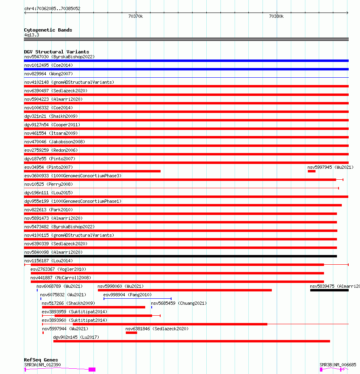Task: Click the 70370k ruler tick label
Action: (x=135, y=16)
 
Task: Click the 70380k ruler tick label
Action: (x=276, y=16)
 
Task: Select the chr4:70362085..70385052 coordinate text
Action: (x=52, y=8)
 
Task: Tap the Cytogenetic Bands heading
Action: (x=48, y=30)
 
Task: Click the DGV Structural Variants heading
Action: (x=56, y=52)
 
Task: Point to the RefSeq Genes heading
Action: (x=41, y=360)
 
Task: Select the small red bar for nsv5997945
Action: (x=311, y=171)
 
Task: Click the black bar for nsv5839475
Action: (x=329, y=290)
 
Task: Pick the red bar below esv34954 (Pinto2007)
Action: (x=92, y=171)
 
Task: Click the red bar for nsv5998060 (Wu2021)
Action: (x=184, y=290)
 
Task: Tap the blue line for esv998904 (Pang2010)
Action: (x=138, y=299)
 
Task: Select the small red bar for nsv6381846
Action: (x=131, y=333)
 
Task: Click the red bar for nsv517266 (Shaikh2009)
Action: (x=93, y=307)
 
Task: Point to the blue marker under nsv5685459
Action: (x=152, y=307)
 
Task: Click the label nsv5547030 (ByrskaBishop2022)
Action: (x=59, y=57)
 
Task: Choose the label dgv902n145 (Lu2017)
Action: (x=76, y=337)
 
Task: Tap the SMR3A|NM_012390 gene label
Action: (x=42, y=365)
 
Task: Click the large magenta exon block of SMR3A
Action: (x=92, y=369)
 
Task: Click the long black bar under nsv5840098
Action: (x=180, y=256)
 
